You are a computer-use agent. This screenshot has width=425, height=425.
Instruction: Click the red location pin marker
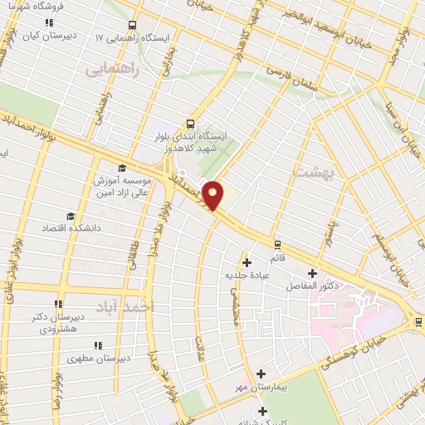click(x=214, y=193)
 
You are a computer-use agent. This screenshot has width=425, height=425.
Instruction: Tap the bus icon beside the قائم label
click(x=277, y=245)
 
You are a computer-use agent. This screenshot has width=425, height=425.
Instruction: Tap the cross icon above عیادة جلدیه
click(x=247, y=263)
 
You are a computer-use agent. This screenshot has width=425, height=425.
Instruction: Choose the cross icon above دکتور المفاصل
click(x=313, y=272)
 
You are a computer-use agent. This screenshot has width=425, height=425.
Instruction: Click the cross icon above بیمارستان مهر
click(x=261, y=374)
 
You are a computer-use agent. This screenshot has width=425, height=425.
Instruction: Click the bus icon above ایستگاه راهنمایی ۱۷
click(x=134, y=26)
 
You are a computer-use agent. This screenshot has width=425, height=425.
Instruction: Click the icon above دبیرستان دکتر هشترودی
click(x=58, y=304)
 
